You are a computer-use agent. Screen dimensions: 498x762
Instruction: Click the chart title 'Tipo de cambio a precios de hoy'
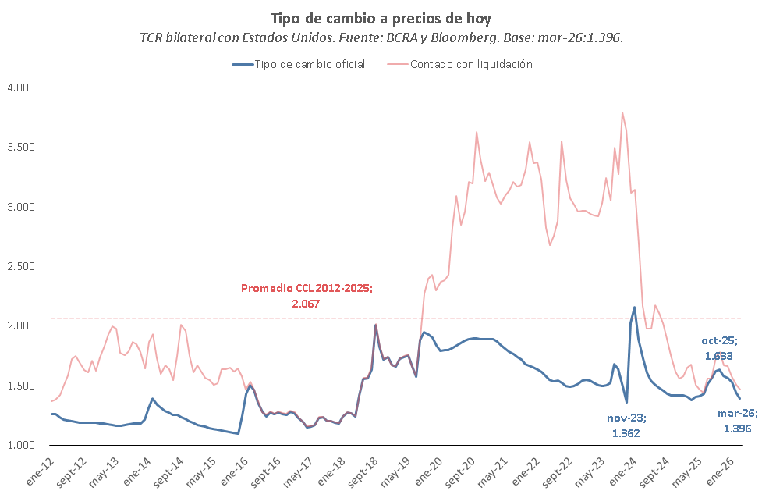[x=381, y=18]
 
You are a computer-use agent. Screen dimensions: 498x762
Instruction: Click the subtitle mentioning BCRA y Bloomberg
[x=381, y=37]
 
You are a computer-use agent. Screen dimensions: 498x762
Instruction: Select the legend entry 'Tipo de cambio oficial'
[x=299, y=64]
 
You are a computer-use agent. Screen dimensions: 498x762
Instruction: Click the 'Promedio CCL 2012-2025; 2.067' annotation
[x=307, y=294]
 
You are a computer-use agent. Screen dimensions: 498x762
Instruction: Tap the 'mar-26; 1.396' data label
[x=736, y=422]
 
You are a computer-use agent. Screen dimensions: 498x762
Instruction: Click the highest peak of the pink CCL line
[x=622, y=112]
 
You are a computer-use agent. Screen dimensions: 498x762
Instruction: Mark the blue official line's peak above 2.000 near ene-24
[x=634, y=307]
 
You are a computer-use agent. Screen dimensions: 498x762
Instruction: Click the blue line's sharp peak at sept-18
[x=375, y=325]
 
